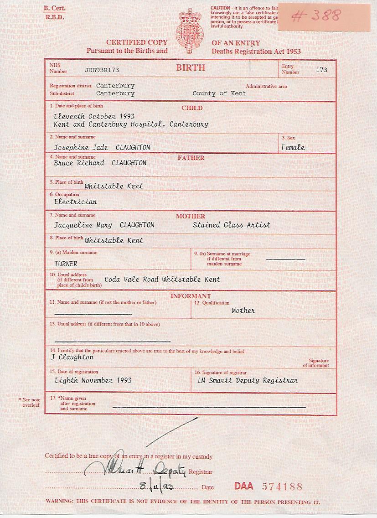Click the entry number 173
click(321, 70)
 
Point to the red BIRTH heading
click(191, 68)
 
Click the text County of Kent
click(219, 93)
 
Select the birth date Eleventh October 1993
click(94, 116)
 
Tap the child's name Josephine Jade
click(81, 147)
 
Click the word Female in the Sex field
click(293, 147)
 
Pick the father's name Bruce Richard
click(79, 163)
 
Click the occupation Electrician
click(75, 201)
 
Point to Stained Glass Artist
click(231, 225)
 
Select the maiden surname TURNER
click(66, 264)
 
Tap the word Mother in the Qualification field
click(243, 310)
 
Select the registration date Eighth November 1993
click(93, 380)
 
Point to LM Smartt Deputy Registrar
click(248, 380)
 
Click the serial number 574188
click(282, 487)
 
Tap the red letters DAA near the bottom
click(244, 486)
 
